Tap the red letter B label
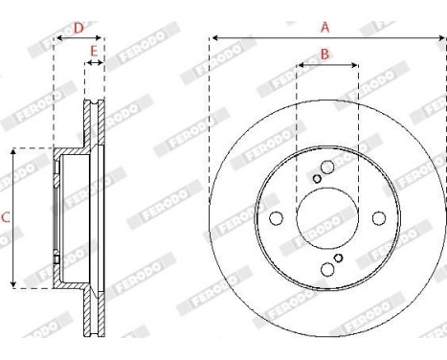click(x=324, y=55)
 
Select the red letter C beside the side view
click(x=6, y=218)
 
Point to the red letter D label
click(x=78, y=27)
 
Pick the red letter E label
click(x=94, y=50)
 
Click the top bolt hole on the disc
click(x=327, y=168)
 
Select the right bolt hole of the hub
click(x=378, y=217)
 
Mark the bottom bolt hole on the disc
click(x=327, y=268)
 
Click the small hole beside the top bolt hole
click(x=317, y=178)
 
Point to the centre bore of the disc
click(x=327, y=217)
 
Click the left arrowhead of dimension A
click(x=212, y=38)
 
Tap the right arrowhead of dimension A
click(x=442, y=38)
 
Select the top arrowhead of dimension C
click(x=13, y=151)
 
